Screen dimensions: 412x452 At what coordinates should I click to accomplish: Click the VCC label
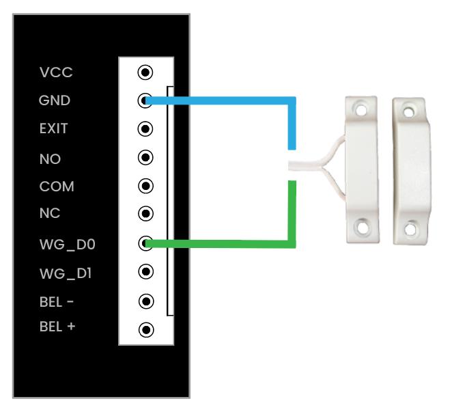click(x=56, y=72)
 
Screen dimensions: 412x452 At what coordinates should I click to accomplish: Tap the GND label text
click(x=55, y=100)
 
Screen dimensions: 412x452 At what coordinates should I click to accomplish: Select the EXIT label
click(x=54, y=128)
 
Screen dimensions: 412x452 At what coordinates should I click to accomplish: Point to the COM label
click(x=57, y=187)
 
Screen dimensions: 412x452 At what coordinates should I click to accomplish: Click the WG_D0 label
click(x=62, y=244)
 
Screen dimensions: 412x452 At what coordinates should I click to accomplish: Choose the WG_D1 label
click(x=61, y=274)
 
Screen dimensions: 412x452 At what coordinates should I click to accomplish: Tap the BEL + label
click(x=57, y=327)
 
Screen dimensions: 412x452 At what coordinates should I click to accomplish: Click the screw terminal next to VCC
click(x=145, y=72)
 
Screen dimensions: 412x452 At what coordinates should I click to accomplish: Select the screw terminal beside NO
click(x=145, y=158)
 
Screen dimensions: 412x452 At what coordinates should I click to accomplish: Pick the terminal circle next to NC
click(x=145, y=213)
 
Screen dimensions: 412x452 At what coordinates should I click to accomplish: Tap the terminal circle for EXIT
click(x=145, y=128)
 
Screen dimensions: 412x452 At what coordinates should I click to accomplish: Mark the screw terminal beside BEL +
click(x=145, y=330)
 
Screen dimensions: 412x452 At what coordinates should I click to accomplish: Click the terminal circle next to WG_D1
click(x=145, y=272)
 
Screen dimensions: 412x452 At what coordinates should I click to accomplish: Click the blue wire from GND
click(x=225, y=101)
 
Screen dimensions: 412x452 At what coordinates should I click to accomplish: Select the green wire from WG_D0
click(x=225, y=243)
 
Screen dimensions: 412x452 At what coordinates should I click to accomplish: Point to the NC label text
click(x=50, y=214)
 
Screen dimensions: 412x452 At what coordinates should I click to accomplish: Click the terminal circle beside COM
click(x=145, y=185)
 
